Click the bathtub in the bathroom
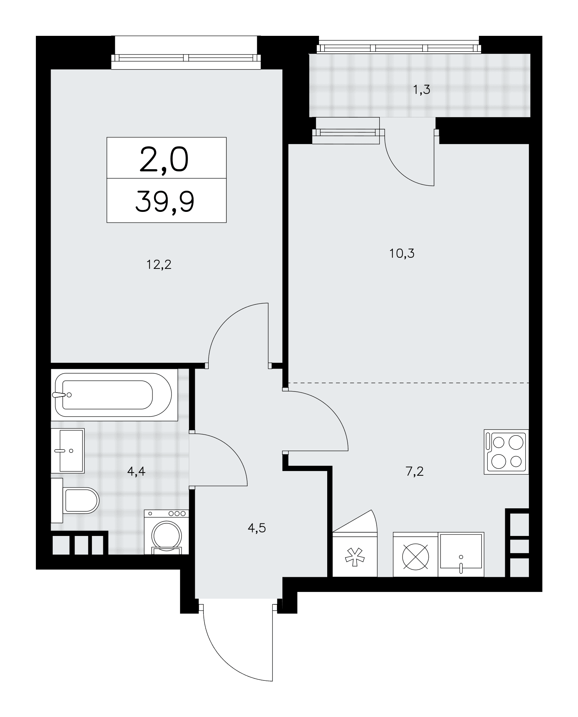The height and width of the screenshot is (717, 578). [x=114, y=395]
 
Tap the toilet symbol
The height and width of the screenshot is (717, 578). [x=75, y=500]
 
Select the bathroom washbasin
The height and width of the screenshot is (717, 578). [x=67, y=451]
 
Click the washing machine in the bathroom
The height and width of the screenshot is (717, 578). [x=166, y=532]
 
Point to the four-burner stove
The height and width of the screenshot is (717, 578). [x=506, y=452]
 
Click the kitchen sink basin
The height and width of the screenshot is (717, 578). [x=461, y=554]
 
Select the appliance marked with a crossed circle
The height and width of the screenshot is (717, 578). [x=415, y=554]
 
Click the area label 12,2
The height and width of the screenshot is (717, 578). [x=159, y=265]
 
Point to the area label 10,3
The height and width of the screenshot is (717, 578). [x=402, y=254]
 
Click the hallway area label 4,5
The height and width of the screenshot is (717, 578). [x=257, y=528]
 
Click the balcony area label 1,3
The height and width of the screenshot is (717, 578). [x=421, y=90]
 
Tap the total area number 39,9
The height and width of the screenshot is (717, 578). [x=165, y=201]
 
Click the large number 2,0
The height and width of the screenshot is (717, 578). [x=164, y=160]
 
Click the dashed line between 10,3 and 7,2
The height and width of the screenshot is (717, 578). [x=409, y=383]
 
